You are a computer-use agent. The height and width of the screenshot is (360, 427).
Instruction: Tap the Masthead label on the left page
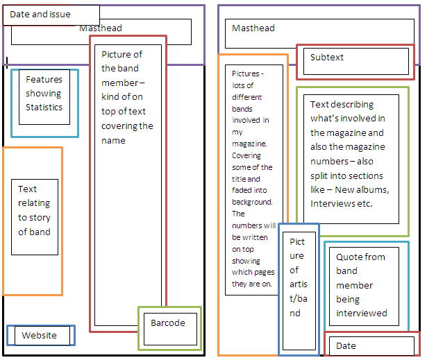101,28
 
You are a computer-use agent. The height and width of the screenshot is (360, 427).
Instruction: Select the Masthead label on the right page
253,28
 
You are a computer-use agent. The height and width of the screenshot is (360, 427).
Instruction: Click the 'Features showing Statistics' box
44,100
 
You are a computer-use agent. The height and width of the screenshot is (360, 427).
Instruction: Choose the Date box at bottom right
371,345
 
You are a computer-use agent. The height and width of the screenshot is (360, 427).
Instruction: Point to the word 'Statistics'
44,108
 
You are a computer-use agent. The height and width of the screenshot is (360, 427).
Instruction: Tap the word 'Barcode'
168,323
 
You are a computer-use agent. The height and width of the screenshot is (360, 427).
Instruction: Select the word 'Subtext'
327,58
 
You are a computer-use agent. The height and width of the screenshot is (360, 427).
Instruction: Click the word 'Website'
39,336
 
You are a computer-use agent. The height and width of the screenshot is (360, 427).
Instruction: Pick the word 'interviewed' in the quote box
362,314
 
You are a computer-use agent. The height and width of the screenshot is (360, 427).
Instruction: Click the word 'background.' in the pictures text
253,202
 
